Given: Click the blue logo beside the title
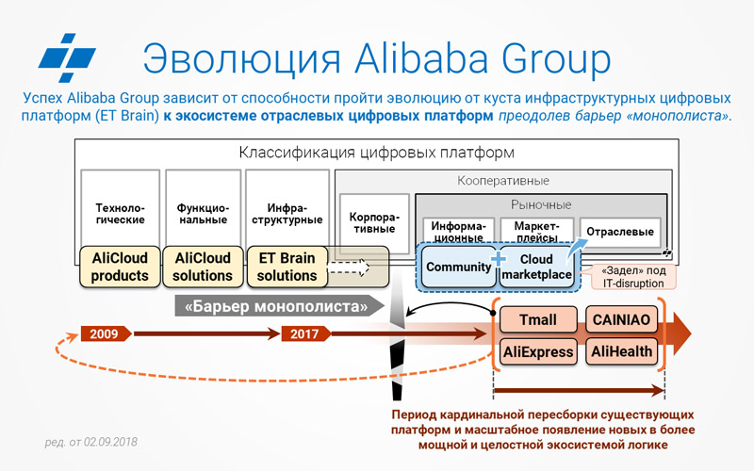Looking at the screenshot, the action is [x=67, y=58].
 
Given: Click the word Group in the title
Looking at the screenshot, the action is [x=556, y=59].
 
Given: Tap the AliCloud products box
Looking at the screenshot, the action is [x=120, y=267].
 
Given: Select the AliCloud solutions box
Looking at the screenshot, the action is [x=203, y=267].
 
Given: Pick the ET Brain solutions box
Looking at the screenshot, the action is [x=287, y=267].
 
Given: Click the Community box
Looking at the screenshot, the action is [x=458, y=267].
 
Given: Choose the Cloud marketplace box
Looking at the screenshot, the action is [x=536, y=267].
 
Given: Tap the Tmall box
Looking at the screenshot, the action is [x=538, y=319].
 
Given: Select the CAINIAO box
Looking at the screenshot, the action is [x=621, y=319].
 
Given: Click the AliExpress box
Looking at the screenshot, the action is [x=538, y=352].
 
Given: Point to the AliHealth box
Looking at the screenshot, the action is [x=621, y=352].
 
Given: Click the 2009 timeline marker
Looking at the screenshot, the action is [x=106, y=333].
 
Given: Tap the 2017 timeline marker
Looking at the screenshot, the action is [x=305, y=333].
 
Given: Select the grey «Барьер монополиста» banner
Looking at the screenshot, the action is [x=279, y=306].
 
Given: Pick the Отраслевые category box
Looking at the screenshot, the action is [x=620, y=232].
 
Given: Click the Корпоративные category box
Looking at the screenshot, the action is [x=374, y=223].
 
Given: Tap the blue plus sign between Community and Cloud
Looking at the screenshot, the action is [x=499, y=258].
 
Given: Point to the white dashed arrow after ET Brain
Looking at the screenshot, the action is [x=348, y=268].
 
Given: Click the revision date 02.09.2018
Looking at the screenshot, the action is [x=90, y=442].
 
